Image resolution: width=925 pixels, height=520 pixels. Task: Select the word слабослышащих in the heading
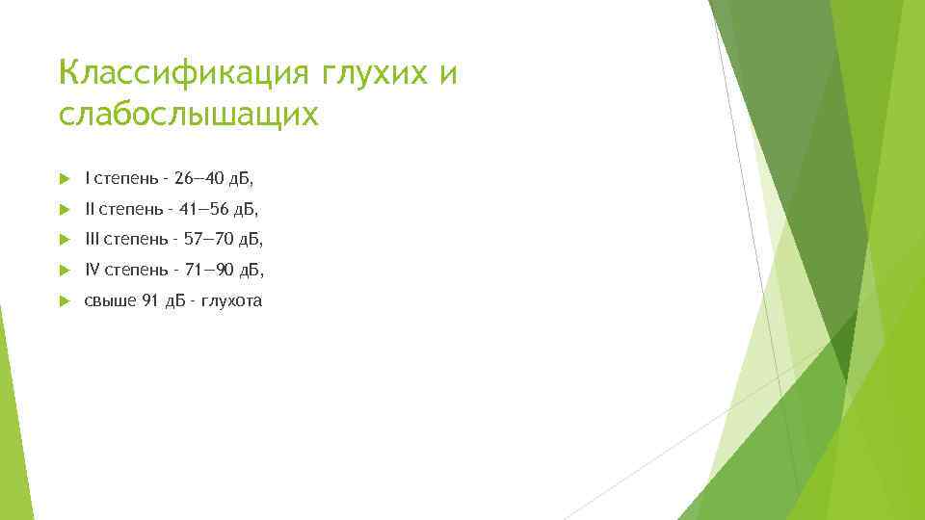coord(187,116)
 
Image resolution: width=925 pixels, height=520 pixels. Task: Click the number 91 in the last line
coord(149,300)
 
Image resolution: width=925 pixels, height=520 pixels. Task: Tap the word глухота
coord(231,300)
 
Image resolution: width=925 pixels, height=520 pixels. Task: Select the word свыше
coord(110,300)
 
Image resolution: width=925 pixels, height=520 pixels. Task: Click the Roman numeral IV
coord(92,270)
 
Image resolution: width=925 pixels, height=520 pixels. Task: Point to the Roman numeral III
coord(92,239)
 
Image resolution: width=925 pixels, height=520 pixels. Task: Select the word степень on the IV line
coord(132,270)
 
